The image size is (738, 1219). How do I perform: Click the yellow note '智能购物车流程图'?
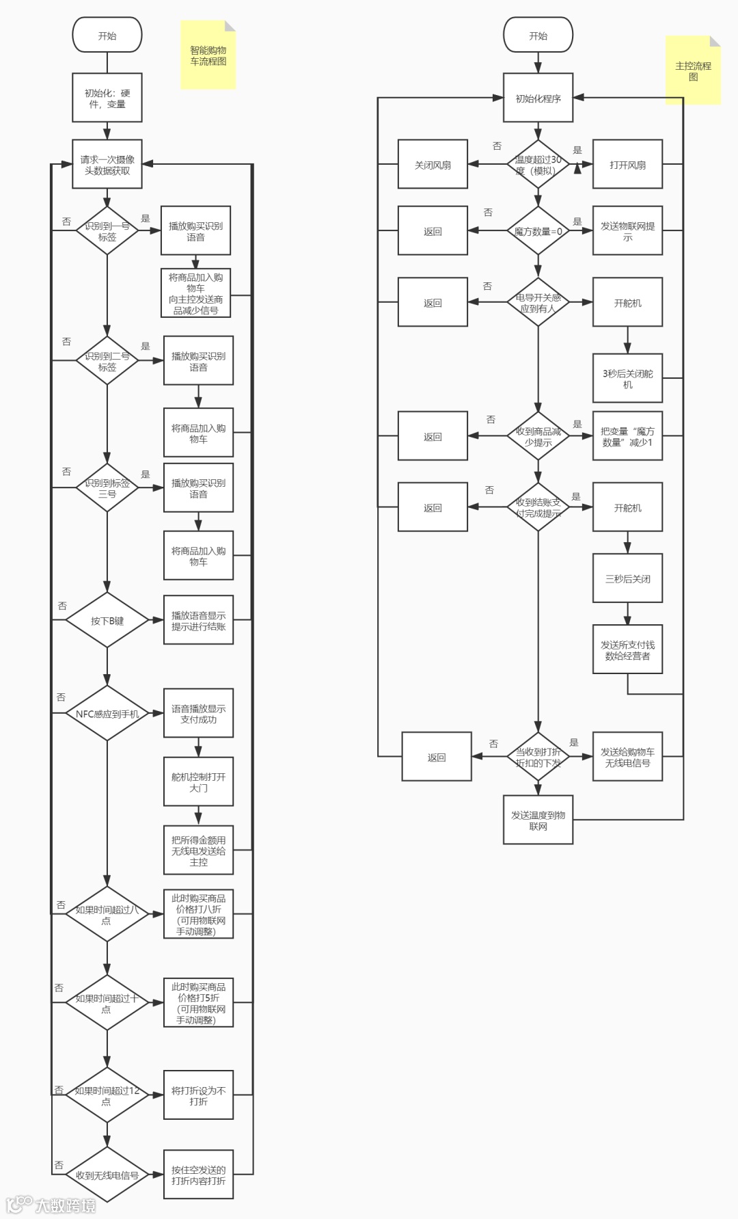coord(208,55)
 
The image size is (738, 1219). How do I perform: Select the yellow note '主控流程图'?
coord(693,71)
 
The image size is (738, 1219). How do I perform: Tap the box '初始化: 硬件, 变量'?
coord(107,98)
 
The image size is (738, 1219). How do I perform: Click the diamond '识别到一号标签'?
coord(107,231)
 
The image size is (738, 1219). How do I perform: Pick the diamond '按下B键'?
coord(107,621)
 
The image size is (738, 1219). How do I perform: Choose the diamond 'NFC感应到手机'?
coord(107,714)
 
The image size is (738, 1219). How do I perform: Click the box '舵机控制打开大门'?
coord(198,782)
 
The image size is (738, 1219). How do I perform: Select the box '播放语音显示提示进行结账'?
coord(198,620)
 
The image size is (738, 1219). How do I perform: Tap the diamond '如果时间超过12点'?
coord(107,1095)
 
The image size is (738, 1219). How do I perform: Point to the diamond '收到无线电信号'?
coord(107,1175)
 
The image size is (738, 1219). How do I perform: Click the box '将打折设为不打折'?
coord(198,1095)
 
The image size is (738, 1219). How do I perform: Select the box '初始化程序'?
coord(538,98)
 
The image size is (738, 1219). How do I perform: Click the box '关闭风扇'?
coord(433,165)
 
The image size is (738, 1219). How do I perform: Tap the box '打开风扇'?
coord(627,165)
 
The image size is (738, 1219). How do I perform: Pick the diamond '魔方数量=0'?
coord(538,231)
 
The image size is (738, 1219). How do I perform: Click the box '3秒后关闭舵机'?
coord(627,379)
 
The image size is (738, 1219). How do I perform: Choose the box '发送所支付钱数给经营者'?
coord(627,650)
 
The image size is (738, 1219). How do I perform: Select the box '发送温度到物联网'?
coord(538,820)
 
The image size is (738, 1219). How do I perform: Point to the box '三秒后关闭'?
coord(627,578)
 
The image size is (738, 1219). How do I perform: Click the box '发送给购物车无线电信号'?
coord(627,757)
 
